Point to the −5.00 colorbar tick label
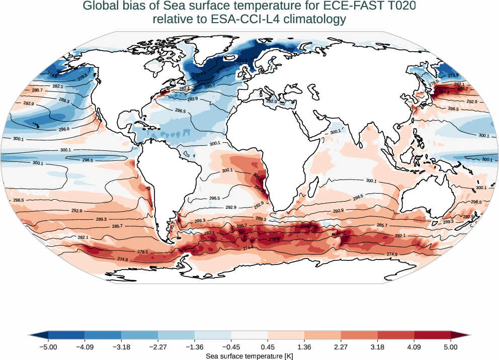pyautogui.click(x=48, y=347)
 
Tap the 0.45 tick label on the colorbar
pyautogui.click(x=268, y=347)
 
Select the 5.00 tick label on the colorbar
pyautogui.click(x=451, y=347)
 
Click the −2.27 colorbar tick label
pyautogui.click(x=158, y=347)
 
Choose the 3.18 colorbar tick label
pyautogui.click(x=377, y=347)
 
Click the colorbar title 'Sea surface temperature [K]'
pyautogui.click(x=249, y=355)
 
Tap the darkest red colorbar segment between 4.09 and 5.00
pyautogui.click(x=432, y=335)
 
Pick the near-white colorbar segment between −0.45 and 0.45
pyautogui.click(x=249, y=335)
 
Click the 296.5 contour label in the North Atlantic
pyautogui.click(x=181, y=111)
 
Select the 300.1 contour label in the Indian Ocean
pyautogui.click(x=371, y=181)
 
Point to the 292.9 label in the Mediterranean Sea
pyautogui.click(x=272, y=102)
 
